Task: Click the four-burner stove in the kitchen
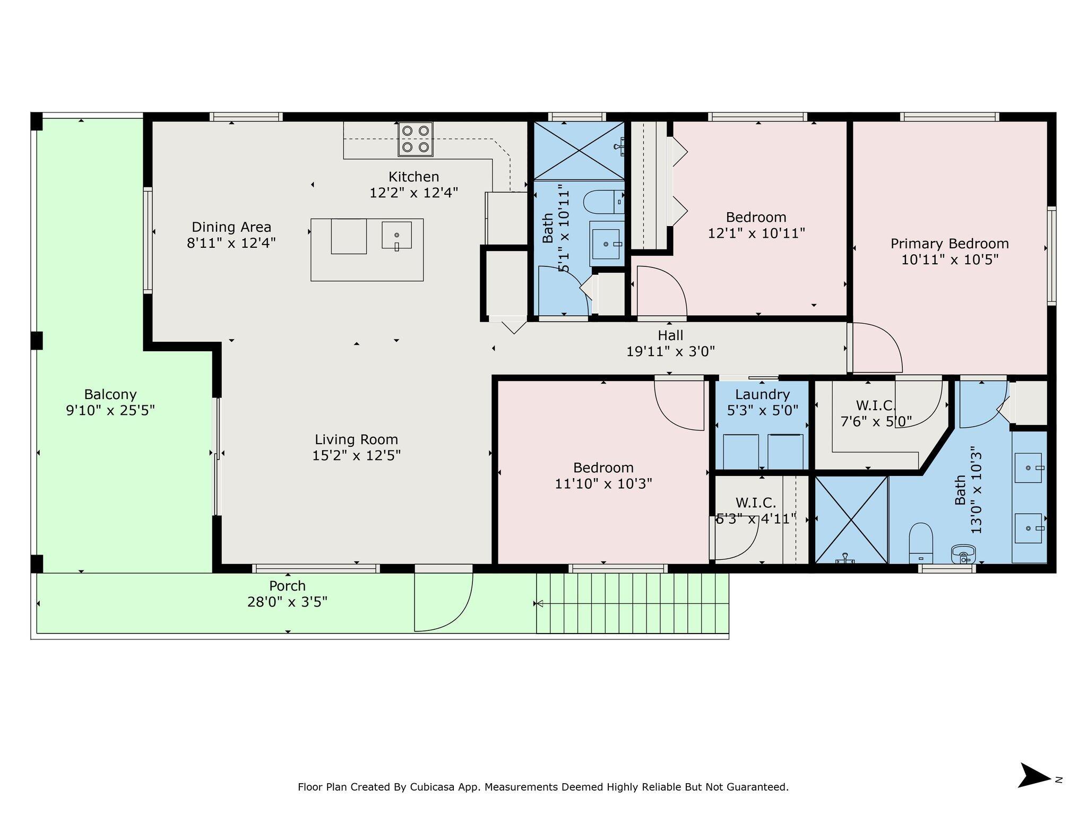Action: (x=416, y=139)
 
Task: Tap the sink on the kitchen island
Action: (x=396, y=235)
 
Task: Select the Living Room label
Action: (x=356, y=439)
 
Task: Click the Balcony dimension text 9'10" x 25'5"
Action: (x=110, y=410)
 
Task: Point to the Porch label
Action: (x=287, y=586)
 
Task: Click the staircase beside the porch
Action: (x=632, y=603)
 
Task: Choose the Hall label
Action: (x=670, y=335)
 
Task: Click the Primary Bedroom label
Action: (x=950, y=244)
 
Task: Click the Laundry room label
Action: (x=762, y=394)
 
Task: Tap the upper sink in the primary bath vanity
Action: (x=1028, y=468)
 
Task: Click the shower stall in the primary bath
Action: (x=851, y=519)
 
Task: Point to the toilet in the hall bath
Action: (x=603, y=202)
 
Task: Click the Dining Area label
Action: (x=231, y=227)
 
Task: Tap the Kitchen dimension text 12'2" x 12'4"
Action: (x=414, y=193)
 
